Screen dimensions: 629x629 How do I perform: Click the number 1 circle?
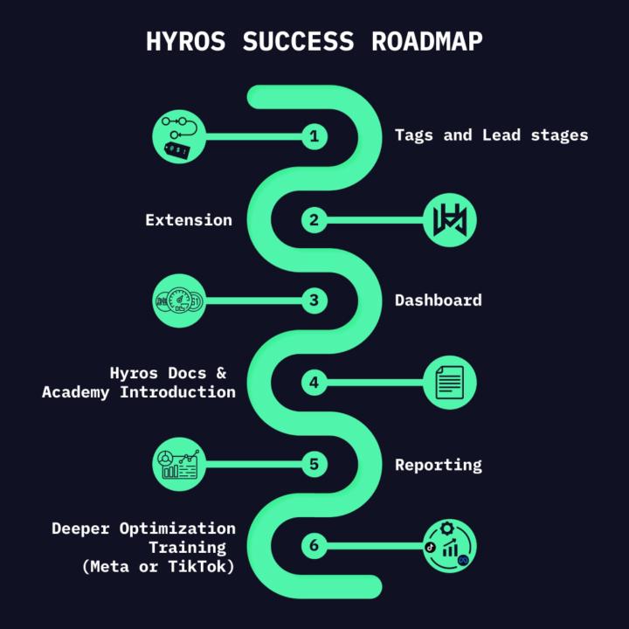(314, 136)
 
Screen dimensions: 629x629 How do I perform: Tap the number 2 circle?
(314, 219)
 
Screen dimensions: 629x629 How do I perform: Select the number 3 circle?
(314, 301)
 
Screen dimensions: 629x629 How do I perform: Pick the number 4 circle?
(314, 382)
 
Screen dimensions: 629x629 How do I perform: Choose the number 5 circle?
(314, 464)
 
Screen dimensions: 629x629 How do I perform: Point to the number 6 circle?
(314, 546)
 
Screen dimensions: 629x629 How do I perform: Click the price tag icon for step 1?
(178, 136)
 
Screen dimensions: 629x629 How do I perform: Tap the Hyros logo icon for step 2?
(450, 219)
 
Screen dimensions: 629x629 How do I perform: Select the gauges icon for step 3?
(178, 301)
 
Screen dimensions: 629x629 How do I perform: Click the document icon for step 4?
(450, 382)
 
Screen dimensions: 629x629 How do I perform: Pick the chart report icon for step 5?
(178, 464)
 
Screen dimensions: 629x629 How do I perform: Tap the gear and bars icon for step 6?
(450, 546)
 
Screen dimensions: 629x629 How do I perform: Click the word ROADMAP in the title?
(426, 40)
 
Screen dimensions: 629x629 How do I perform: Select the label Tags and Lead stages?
(491, 135)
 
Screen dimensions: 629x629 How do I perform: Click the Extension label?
(189, 220)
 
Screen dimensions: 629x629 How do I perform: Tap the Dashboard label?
(438, 301)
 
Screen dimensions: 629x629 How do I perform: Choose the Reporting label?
(438, 465)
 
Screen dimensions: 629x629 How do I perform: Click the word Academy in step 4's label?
(76, 392)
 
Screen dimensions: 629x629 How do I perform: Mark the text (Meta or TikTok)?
(158, 567)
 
